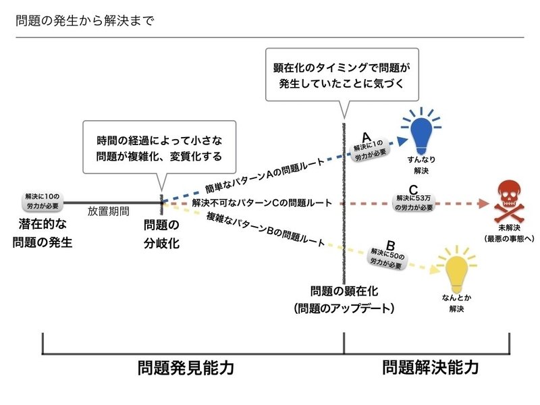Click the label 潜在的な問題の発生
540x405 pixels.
tap(43, 233)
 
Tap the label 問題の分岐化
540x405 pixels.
tap(162, 234)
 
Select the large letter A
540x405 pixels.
tap(367, 135)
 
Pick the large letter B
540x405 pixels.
tap(390, 246)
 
